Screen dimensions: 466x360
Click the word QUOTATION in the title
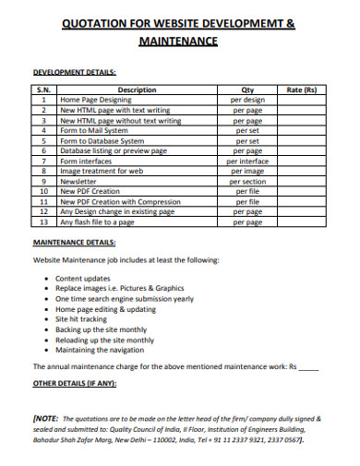94,24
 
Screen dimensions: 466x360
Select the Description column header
138,90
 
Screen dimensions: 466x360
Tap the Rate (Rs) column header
302,90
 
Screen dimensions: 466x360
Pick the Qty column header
246,90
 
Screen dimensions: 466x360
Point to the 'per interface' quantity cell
246,161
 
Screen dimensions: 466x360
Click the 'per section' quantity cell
246,181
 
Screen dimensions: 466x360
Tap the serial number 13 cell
43,221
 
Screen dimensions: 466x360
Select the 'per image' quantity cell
246,171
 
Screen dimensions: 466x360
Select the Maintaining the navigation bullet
101,350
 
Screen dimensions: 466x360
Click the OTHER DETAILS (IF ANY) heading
74,383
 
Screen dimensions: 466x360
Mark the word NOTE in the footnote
49,417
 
